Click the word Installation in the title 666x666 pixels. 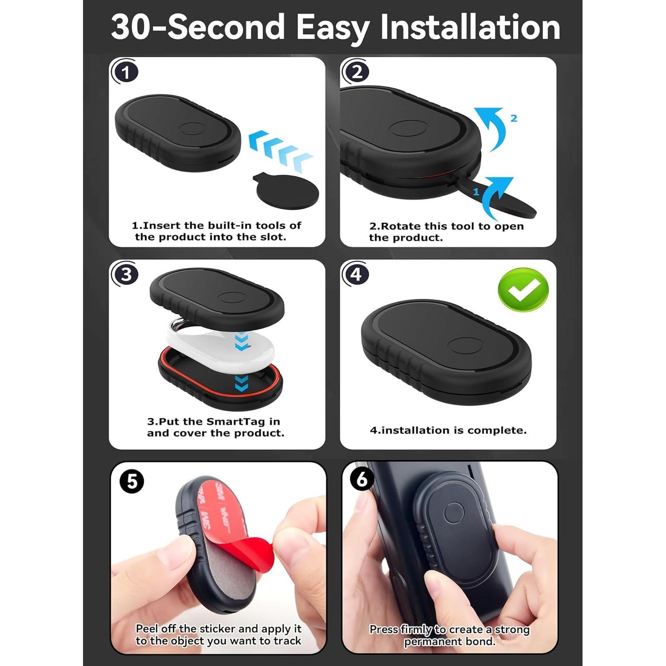(x=470, y=28)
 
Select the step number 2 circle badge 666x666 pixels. (x=357, y=72)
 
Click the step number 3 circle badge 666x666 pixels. (x=126, y=274)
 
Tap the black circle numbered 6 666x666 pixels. (x=362, y=480)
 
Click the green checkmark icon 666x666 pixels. (x=523, y=290)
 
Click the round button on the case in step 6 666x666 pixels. (x=453, y=512)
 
